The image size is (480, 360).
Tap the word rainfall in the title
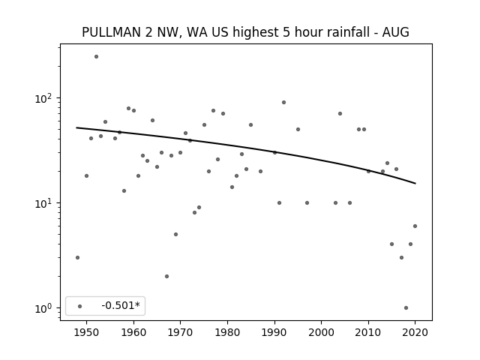pos(352,32)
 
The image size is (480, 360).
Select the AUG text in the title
pos(396,32)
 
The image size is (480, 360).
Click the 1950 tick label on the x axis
pos(86,332)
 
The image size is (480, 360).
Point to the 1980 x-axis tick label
pos(227,332)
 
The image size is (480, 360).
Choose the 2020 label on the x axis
pos(415,332)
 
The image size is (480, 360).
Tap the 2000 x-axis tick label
pos(322,332)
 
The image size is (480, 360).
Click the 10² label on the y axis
pos(43,98)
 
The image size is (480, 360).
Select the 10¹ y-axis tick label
pos(43,203)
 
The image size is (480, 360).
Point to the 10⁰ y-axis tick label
pos(43,308)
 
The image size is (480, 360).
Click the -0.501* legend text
pos(121,305)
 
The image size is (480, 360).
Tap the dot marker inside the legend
pos(80,306)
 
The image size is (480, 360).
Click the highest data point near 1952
pos(97,57)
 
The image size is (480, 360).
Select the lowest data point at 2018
pos(406,308)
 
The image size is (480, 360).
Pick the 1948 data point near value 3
pos(77,258)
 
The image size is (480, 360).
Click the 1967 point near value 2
pos(166,277)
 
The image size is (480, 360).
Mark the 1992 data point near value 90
pos(283,103)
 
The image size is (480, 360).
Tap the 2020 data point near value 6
pos(415,226)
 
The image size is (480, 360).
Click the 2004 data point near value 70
pos(340,114)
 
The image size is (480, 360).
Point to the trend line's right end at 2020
pos(415,183)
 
